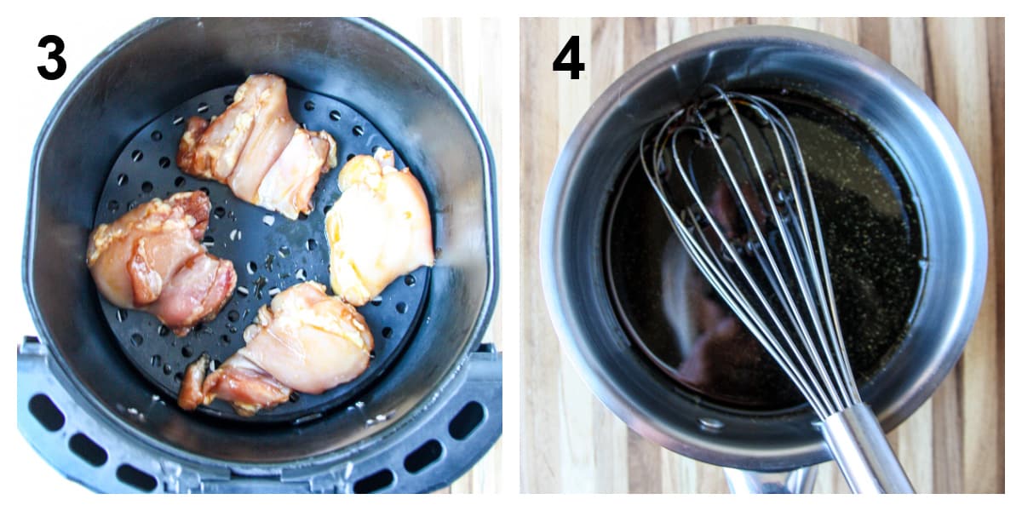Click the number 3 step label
[x=52, y=58]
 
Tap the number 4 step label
[x=568, y=58]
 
